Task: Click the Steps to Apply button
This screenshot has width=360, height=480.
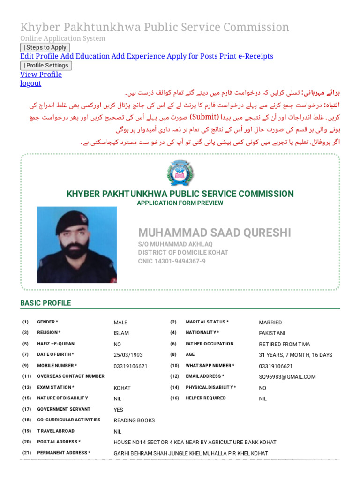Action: pos(45,47)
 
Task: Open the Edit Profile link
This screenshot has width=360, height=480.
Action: pos(39,56)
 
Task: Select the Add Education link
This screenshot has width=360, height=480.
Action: pos(85,56)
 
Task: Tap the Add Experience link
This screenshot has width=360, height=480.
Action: pos(138,56)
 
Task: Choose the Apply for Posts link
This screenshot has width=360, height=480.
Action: pos(192,56)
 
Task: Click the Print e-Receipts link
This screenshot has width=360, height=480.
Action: pos(246,56)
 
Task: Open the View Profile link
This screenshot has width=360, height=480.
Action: pos(41,75)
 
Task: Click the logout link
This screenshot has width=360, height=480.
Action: pos(30,83)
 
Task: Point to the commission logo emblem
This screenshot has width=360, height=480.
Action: pos(180,173)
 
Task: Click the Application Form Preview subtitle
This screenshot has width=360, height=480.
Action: pos(180,203)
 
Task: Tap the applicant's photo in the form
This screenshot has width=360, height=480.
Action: pos(76,244)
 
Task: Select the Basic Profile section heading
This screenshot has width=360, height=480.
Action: pos(45,303)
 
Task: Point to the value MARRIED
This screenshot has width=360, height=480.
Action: pos(270,322)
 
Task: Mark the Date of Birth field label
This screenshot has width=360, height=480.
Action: pos(55,354)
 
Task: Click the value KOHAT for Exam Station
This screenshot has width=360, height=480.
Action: pos(122,388)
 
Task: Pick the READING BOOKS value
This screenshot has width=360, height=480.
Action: pos(134,420)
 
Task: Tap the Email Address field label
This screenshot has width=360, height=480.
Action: pos(205,376)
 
